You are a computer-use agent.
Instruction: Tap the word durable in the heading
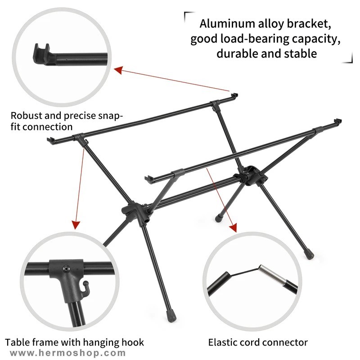click(x=237, y=54)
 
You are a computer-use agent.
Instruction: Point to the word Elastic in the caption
click(x=223, y=342)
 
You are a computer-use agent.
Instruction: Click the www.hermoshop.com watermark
click(x=68, y=353)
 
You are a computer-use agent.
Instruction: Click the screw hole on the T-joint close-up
click(x=66, y=268)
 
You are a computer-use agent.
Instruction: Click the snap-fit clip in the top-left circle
click(x=42, y=54)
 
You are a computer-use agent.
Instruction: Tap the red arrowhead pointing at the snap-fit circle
click(x=118, y=70)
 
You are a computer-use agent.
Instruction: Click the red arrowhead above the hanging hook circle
click(x=76, y=225)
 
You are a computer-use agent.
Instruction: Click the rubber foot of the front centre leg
click(x=171, y=316)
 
